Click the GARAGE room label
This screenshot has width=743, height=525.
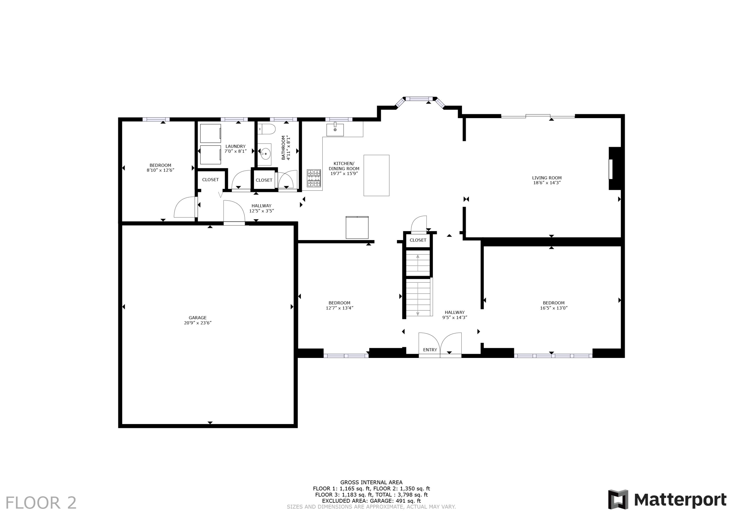[198, 320]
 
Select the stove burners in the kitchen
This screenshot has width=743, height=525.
[314, 178]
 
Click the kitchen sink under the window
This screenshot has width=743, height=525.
[335, 129]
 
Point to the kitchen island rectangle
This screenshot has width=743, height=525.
[376, 175]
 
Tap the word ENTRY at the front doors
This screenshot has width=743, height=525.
[430, 350]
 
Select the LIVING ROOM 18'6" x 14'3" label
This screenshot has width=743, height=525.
[547, 180]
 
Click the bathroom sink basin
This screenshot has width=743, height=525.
[265, 154]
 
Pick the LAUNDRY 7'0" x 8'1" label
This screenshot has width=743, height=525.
[235, 149]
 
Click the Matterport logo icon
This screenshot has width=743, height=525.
[618, 500]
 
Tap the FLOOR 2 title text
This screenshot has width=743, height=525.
[41, 503]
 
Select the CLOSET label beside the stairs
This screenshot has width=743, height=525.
[418, 240]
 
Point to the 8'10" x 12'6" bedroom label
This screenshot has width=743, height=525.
[160, 168]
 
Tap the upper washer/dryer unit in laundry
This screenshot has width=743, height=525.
[210, 133]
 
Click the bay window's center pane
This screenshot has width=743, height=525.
[419, 99]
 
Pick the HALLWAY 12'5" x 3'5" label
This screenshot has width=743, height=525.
[262, 208]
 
